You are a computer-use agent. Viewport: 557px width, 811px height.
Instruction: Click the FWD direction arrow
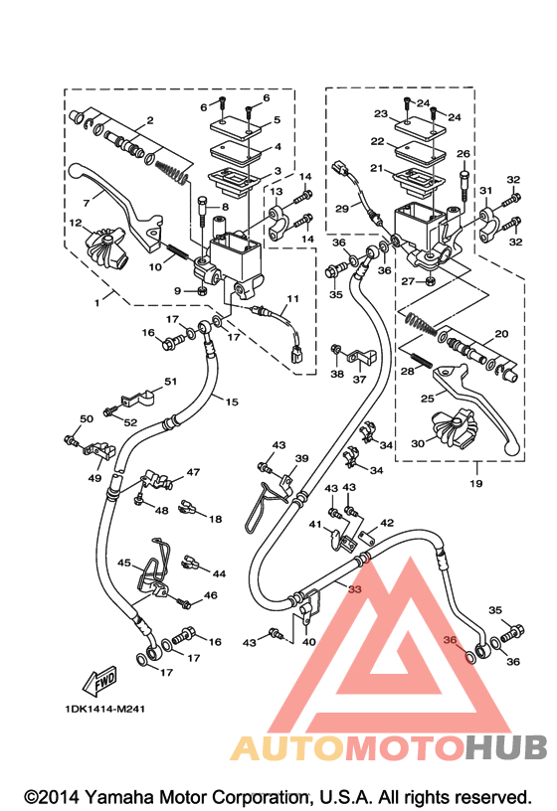99,679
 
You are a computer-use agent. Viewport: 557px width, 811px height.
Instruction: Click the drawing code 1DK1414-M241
104,709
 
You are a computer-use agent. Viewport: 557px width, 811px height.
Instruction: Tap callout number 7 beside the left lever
86,202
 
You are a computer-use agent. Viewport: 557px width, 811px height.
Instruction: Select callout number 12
76,223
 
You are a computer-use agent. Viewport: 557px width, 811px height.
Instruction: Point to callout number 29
342,209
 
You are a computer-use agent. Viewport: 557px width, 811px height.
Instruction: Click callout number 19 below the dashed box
476,483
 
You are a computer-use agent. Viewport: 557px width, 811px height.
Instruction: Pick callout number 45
123,563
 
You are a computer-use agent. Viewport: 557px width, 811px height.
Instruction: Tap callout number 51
171,382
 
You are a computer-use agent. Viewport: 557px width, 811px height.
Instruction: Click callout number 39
301,458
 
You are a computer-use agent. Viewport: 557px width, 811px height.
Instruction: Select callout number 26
464,154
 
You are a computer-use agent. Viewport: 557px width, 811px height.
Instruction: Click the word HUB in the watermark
505,748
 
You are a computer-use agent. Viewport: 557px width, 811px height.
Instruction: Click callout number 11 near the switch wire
293,298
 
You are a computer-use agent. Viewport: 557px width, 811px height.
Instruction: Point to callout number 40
308,642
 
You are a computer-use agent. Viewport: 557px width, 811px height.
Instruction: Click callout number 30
418,443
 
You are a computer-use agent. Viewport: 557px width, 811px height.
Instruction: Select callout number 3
278,171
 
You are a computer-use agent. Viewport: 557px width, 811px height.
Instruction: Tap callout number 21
376,168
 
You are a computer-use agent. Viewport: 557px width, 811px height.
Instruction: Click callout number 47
193,472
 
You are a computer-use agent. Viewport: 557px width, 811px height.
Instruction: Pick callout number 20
501,334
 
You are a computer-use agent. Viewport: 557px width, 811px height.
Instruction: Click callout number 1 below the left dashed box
96,303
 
